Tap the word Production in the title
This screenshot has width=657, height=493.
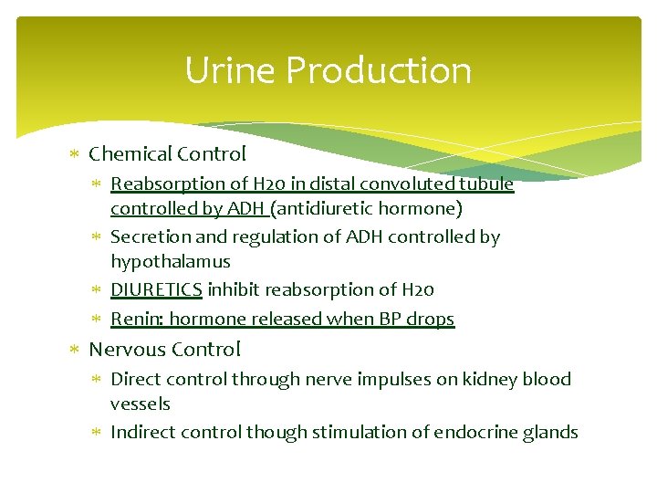click(372, 70)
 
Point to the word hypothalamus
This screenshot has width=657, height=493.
click(171, 262)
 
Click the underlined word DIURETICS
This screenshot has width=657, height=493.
click(156, 289)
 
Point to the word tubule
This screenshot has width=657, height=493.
click(486, 184)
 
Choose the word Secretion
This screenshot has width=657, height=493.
click(149, 236)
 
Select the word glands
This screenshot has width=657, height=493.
click(551, 432)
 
